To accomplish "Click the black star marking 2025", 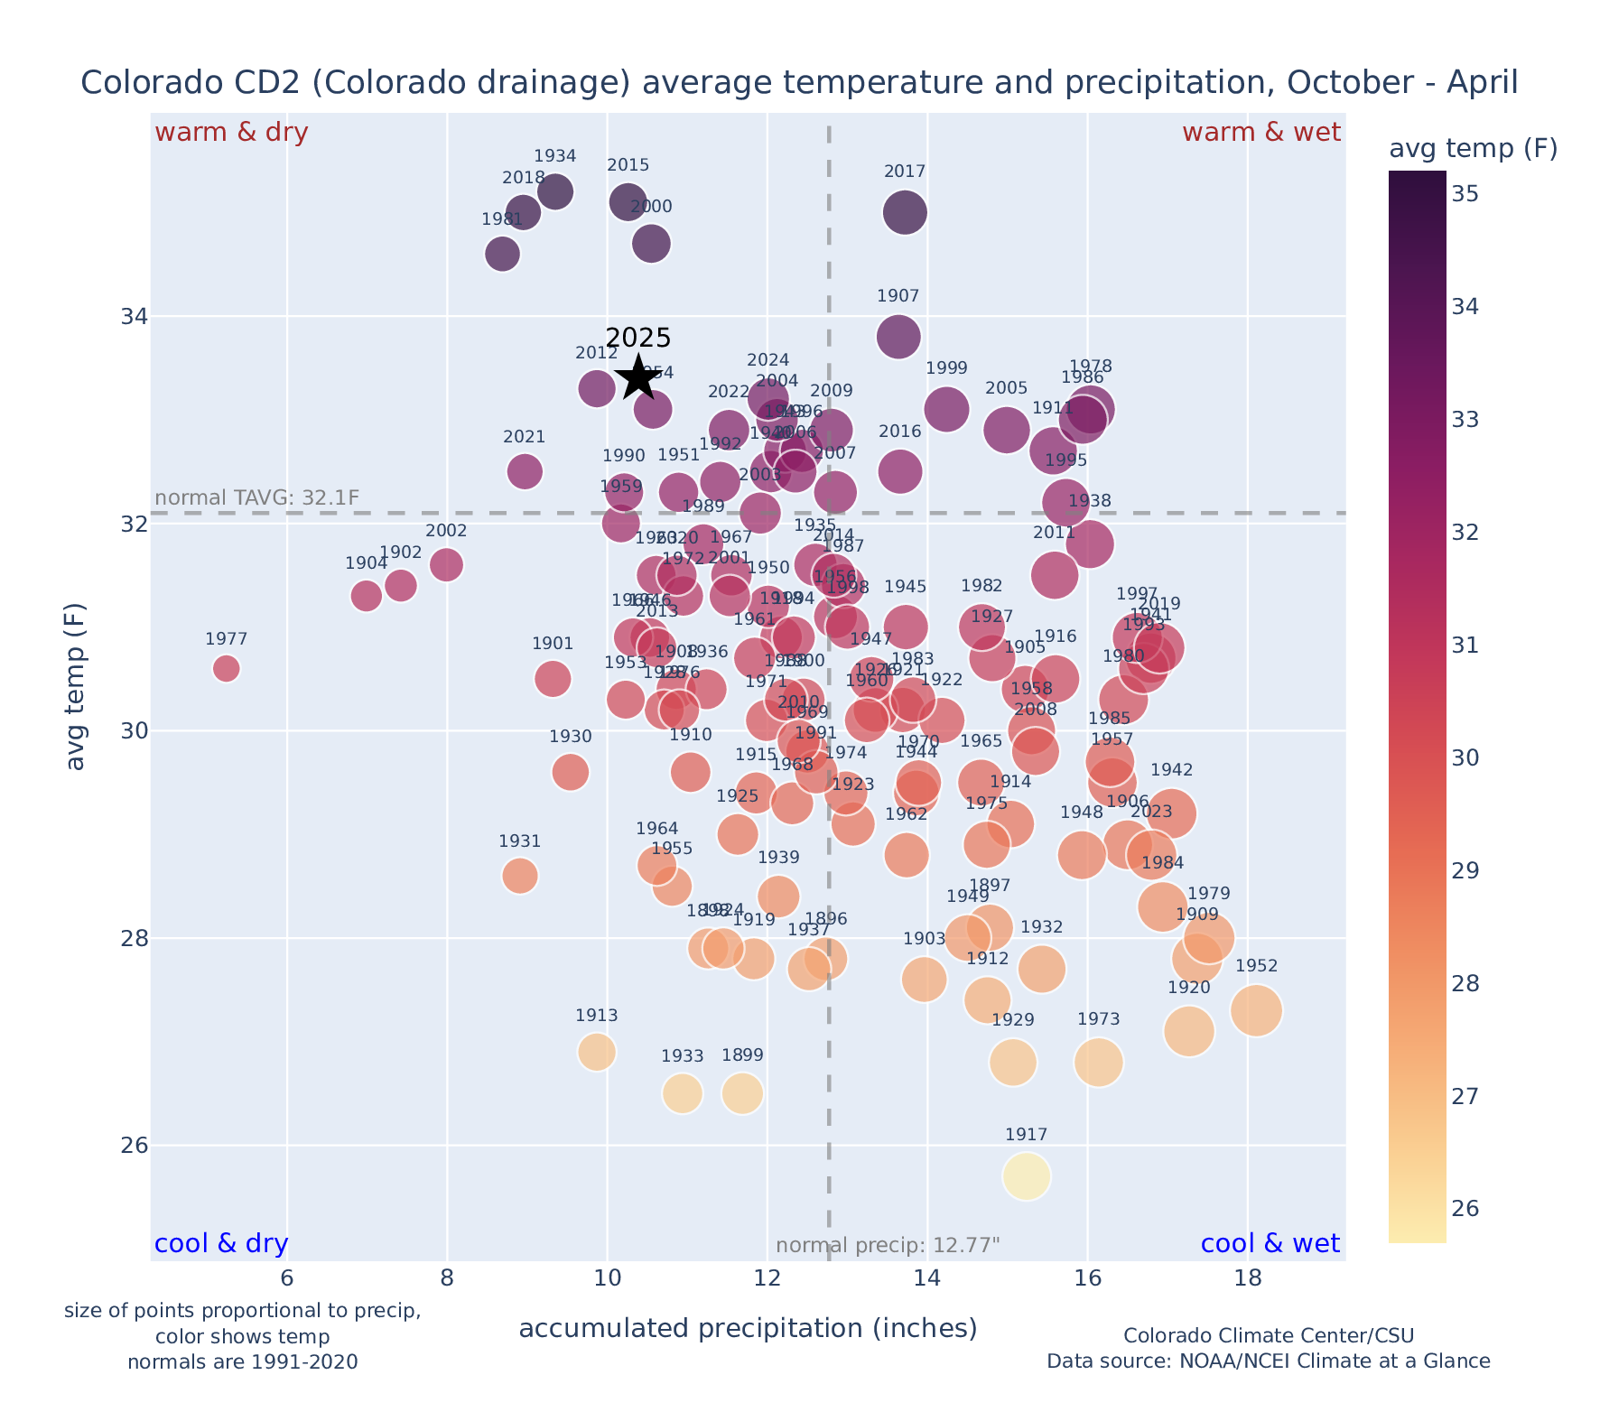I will click(638, 377).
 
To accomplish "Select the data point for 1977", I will click(226, 669).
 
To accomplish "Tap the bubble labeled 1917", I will click(1026, 1176).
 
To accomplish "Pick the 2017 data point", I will click(905, 213).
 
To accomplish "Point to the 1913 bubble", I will click(597, 1052).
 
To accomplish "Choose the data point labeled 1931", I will click(520, 876).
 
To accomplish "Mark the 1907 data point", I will click(898, 337).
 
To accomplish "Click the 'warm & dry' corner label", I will click(231, 133).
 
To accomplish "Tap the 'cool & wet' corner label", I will click(1270, 1244).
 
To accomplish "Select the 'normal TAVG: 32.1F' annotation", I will click(257, 497).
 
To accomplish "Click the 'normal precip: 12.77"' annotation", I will click(888, 1246).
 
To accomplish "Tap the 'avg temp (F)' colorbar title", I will click(1473, 149).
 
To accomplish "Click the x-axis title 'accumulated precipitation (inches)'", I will click(748, 1329).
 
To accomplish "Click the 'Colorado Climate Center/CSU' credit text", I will click(1269, 1335).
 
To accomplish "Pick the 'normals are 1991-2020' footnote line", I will click(242, 1361).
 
